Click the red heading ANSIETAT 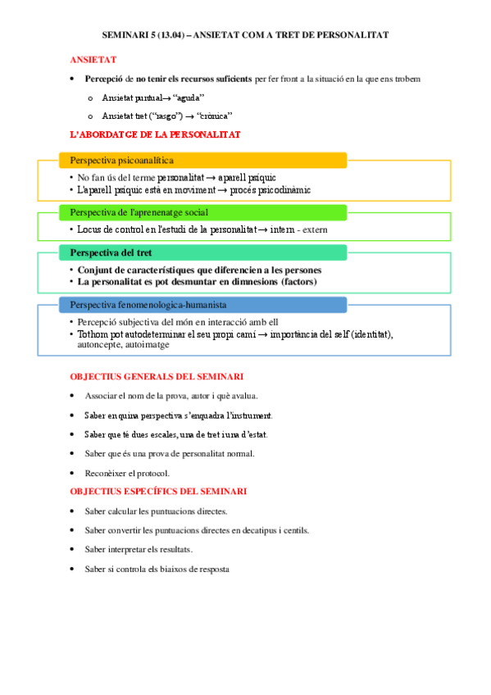point(93,60)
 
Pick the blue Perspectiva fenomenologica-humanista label point(148,304)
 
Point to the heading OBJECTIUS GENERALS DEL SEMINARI point(156,376)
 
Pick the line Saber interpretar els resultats point(143,549)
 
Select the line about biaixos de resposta point(156,569)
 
